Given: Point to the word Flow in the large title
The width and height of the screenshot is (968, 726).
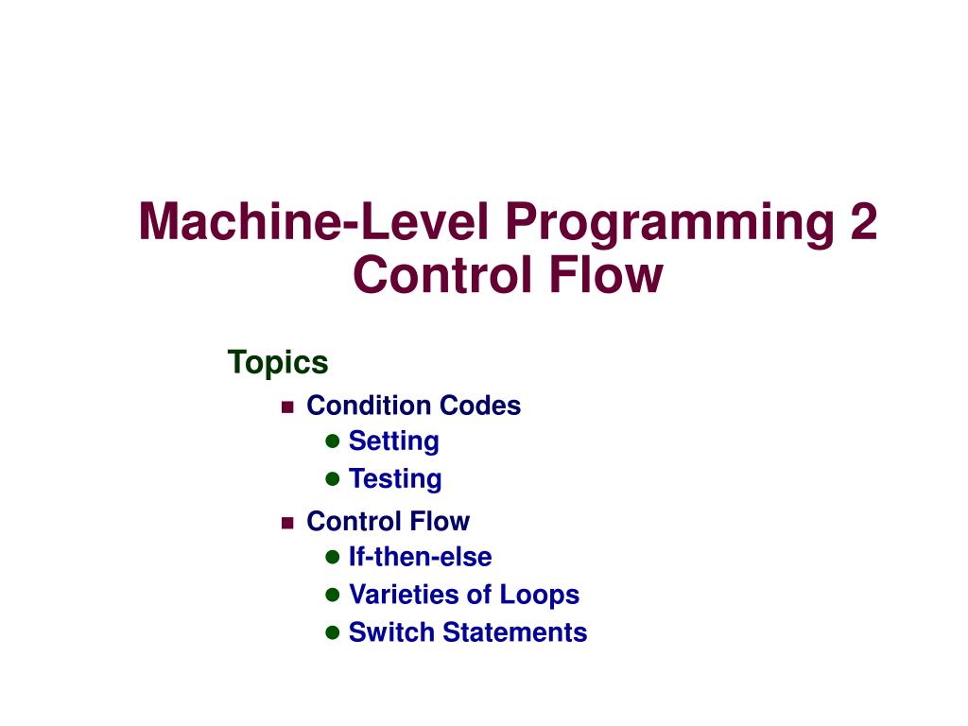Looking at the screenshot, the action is click(606, 275).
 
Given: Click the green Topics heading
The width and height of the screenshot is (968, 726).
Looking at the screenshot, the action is click(278, 363).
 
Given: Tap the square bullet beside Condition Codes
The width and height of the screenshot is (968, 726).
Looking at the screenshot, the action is click(287, 406).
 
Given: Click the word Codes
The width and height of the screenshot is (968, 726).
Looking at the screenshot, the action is click(480, 406).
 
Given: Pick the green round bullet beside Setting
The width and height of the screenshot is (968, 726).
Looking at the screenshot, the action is click(332, 441).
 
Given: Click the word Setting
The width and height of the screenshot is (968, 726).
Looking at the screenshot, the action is click(394, 442).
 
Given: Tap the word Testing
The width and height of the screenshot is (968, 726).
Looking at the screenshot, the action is click(395, 479).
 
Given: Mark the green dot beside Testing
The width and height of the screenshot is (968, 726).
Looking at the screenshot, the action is click(332, 478).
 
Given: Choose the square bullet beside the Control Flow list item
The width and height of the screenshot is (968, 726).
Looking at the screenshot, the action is click(287, 523).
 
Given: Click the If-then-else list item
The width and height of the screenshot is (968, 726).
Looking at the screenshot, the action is click(421, 557).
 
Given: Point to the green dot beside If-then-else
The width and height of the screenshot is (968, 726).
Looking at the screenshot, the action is click(332, 557).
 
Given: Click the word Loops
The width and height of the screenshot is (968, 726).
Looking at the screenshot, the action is click(540, 596).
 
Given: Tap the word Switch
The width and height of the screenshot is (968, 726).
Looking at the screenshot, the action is click(390, 632).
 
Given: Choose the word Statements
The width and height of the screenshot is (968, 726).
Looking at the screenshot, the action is click(515, 632).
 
